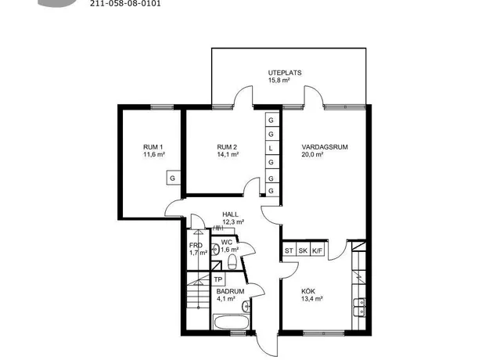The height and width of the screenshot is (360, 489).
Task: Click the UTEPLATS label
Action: [x=285, y=73]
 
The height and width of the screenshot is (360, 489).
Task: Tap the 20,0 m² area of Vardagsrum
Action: [x=312, y=154]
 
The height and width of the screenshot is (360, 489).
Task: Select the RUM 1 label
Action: [x=153, y=147]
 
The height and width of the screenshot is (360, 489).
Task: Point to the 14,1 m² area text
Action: [x=228, y=154]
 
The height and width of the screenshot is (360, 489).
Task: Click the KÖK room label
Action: [x=308, y=291]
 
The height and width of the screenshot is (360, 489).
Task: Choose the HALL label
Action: [x=230, y=214]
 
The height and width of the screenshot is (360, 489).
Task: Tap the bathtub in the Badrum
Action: [x=231, y=322]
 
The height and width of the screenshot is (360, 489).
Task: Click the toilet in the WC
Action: [x=232, y=261]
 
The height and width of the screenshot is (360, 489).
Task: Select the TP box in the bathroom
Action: [x=218, y=279]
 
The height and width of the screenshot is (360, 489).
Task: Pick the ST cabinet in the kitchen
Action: [x=289, y=250]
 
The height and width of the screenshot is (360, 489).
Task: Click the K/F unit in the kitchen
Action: [x=318, y=250]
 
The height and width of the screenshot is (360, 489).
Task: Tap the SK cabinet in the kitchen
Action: [x=303, y=250]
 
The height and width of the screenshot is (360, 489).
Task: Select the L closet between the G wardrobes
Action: [x=271, y=149]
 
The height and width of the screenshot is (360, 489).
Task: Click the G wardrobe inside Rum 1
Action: [x=172, y=178]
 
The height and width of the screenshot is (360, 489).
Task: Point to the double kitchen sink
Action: [x=359, y=307]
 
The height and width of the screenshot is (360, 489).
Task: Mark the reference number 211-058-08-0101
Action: [x=125, y=4]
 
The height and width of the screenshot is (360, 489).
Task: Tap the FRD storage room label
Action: [x=196, y=245]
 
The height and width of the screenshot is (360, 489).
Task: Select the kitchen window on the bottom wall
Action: [x=324, y=333]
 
